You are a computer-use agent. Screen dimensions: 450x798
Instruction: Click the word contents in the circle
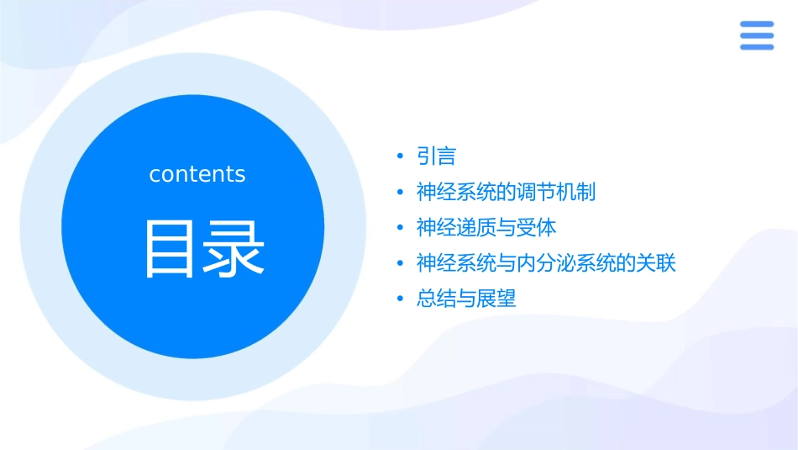pyautogui.click(x=197, y=174)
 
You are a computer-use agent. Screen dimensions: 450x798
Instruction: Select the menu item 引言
pyautogui.click(x=436, y=156)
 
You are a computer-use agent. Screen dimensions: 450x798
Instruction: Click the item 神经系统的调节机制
pyautogui.click(x=506, y=192)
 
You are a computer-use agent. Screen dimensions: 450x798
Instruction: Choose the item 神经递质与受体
pyautogui.click(x=486, y=227)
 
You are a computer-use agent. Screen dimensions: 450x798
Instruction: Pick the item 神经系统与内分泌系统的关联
pyautogui.click(x=546, y=263)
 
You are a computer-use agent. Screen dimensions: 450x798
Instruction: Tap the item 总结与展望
pyautogui.click(x=466, y=299)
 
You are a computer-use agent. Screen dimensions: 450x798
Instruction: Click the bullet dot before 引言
pyautogui.click(x=401, y=157)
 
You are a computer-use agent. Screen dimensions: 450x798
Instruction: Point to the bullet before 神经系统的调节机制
pyautogui.click(x=401, y=193)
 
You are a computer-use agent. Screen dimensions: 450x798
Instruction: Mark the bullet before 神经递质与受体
pyautogui.click(x=401, y=228)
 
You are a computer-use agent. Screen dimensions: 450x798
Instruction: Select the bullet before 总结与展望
pyautogui.click(x=401, y=299)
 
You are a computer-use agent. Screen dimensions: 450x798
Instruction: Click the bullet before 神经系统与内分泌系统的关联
pyautogui.click(x=401, y=264)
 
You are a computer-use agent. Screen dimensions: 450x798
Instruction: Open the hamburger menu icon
pyautogui.click(x=756, y=35)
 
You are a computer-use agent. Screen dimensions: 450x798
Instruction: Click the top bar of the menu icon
pyautogui.click(x=756, y=24)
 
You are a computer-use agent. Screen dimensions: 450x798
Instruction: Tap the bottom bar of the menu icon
pyautogui.click(x=756, y=47)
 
